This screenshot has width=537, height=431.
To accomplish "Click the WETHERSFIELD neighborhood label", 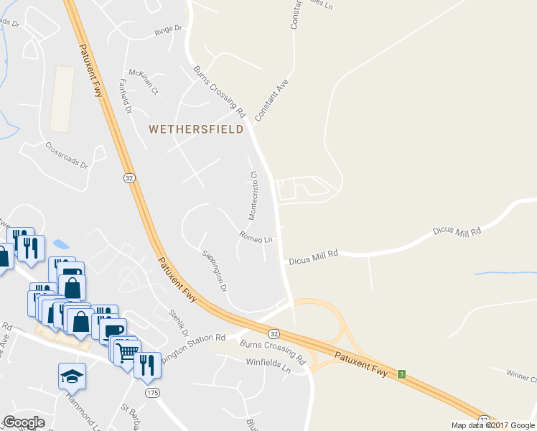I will pos(195,129).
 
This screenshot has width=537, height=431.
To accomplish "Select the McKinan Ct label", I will pos(143,82).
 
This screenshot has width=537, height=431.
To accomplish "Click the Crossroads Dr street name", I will pos(65,154).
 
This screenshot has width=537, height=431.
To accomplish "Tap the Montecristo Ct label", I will pos(253,195).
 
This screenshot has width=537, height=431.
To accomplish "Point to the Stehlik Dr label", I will pos(177,323).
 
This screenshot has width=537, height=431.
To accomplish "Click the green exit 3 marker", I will pos(402,374).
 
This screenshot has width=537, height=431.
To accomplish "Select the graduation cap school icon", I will pos(72,376).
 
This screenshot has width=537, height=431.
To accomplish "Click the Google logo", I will pos(24,422).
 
